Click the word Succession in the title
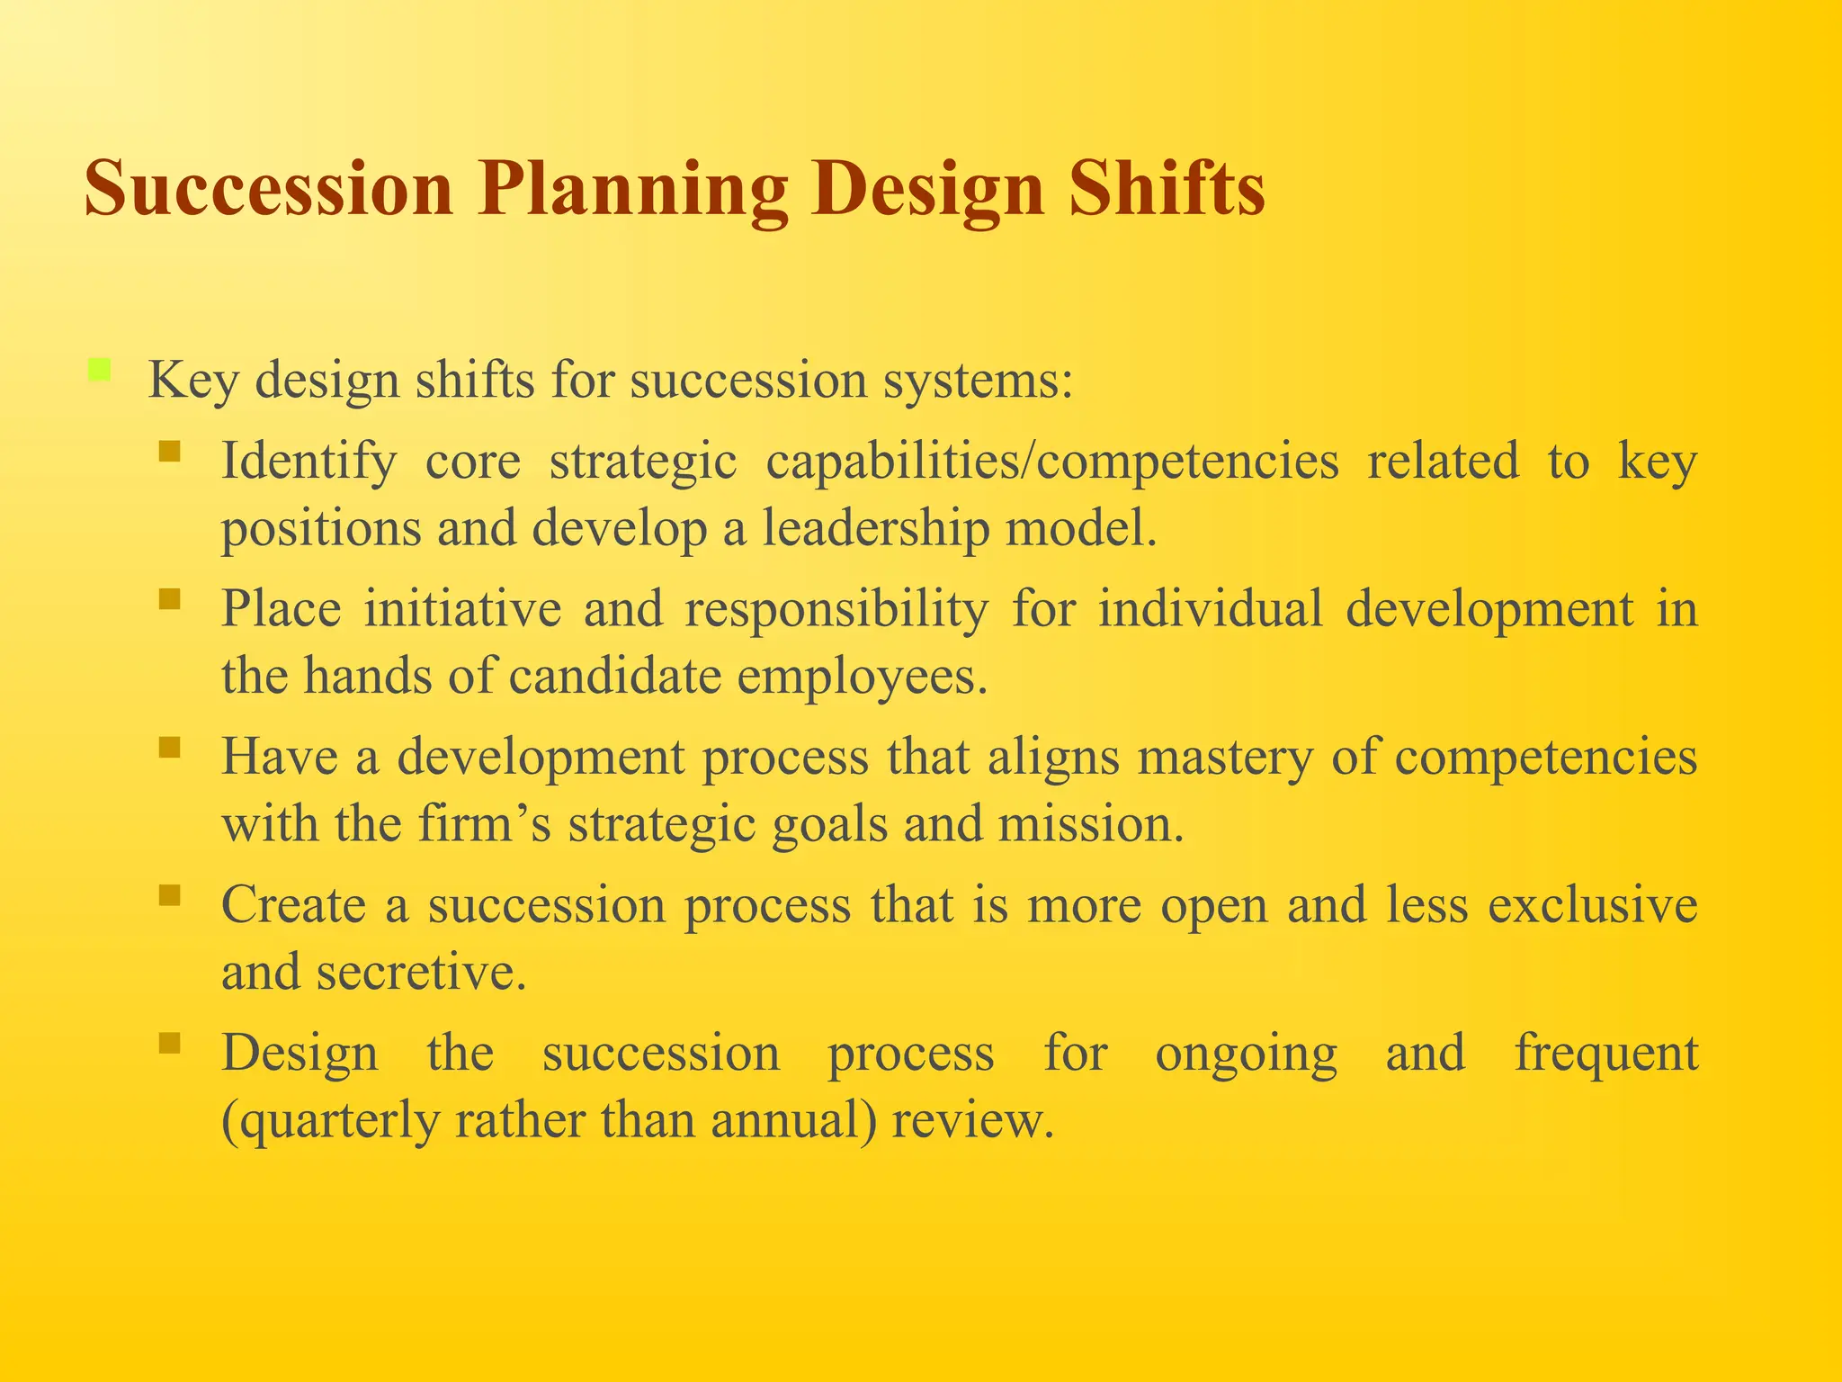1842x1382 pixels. (268, 189)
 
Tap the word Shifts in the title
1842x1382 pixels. (1167, 189)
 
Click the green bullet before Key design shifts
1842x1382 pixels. (99, 370)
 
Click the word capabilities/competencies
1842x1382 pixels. (1051, 462)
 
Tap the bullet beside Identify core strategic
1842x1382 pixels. (169, 450)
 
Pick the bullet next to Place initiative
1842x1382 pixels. (169, 598)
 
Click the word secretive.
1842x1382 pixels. (420, 973)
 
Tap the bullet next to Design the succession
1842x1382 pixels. (169, 1043)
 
